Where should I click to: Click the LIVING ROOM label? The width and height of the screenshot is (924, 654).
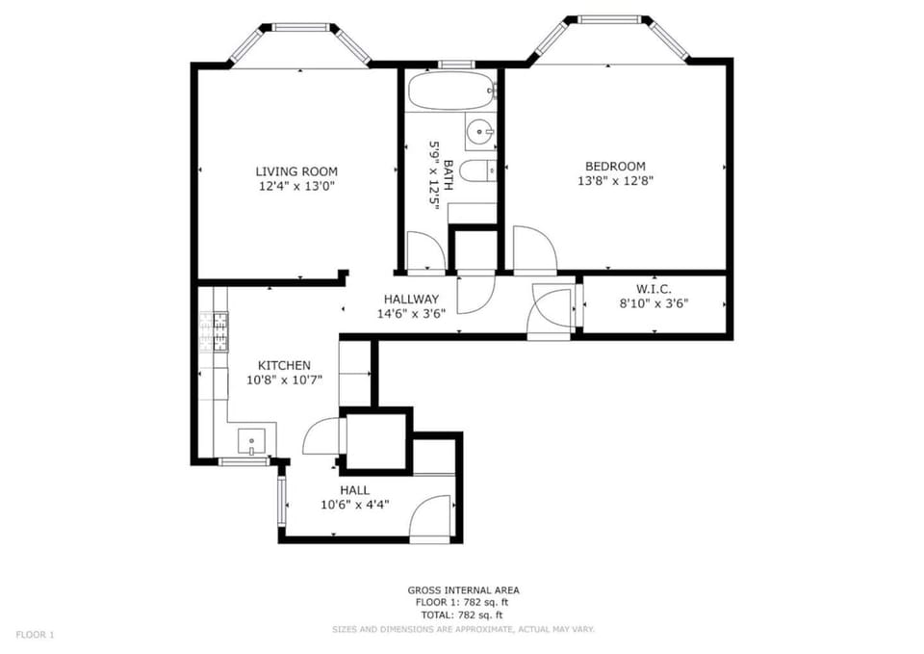click(x=296, y=171)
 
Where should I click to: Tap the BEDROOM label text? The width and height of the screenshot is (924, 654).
click(x=611, y=166)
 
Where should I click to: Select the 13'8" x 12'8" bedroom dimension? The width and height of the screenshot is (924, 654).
click(x=611, y=180)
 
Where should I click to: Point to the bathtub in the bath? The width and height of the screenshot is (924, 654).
click(x=450, y=92)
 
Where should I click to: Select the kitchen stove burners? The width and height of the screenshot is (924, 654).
click(x=219, y=332)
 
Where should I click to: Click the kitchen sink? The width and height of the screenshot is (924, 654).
click(x=251, y=442)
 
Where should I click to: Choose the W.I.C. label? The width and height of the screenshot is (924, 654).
click(x=653, y=289)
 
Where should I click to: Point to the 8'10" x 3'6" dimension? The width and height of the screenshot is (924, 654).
click(x=653, y=303)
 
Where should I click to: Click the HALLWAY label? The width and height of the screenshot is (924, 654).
click(x=411, y=299)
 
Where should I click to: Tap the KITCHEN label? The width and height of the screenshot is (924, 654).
click(x=284, y=365)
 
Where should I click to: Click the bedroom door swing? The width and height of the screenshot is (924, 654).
click(x=534, y=249)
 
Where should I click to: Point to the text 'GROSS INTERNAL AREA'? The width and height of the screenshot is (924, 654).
click(x=463, y=590)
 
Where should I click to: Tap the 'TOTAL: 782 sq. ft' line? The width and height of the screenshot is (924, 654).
click(x=463, y=615)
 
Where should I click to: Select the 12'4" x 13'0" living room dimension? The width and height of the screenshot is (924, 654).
click(x=296, y=186)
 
